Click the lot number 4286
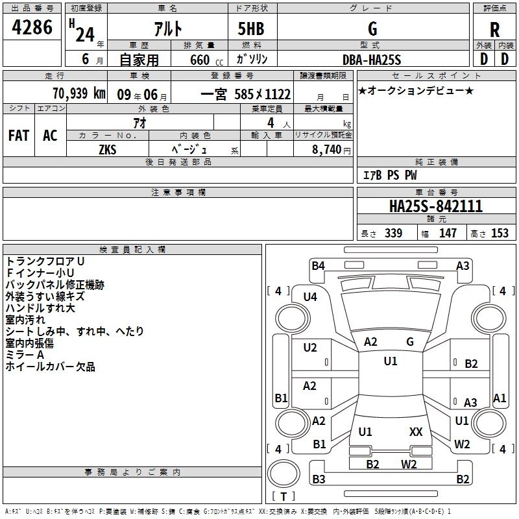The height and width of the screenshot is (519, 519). click(32, 27)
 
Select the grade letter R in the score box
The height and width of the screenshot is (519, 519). click(494, 30)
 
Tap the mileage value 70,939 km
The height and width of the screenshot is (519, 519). click(79, 93)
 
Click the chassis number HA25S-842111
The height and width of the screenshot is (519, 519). click(436, 206)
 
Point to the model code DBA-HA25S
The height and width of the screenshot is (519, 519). click(372, 60)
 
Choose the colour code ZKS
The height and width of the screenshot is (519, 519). click(108, 149)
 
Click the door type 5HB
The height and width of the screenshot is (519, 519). click(251, 29)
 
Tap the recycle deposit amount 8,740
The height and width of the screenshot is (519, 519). click(326, 149)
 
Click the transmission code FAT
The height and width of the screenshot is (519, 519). click(19, 136)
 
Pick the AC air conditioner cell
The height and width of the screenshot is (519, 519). click(51, 136)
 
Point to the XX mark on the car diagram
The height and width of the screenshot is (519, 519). click(416, 431)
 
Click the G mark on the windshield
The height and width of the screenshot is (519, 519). click(410, 341)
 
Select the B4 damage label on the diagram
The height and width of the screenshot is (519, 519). click(318, 265)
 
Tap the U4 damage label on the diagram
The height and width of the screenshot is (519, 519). click(310, 297)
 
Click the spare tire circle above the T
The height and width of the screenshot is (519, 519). click(284, 474)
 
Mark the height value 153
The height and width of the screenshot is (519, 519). click(500, 233)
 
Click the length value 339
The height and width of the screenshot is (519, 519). click(393, 233)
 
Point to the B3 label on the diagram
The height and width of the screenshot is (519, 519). click(319, 479)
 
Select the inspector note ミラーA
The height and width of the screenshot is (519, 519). click(25, 355)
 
